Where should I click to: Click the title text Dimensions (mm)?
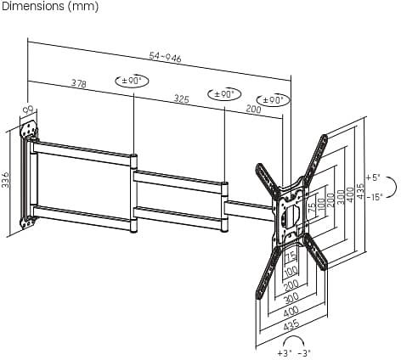pyautogui.click(x=50, y=6)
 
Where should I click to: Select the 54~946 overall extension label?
pyautogui.click(x=165, y=57)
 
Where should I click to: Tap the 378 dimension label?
pyautogui.click(x=78, y=83)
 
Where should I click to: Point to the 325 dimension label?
pyautogui.click(x=181, y=98)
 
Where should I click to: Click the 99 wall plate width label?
pyautogui.click(x=29, y=110)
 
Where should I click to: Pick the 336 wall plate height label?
pyautogui.click(x=5, y=179)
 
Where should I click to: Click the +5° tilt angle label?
pyautogui.click(x=372, y=177)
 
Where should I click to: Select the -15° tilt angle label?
pyautogui.click(x=375, y=197)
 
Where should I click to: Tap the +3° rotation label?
pyautogui.click(x=285, y=353)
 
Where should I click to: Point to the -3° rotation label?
pyautogui.click(x=304, y=353)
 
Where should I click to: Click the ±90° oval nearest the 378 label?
pyautogui.click(x=132, y=82)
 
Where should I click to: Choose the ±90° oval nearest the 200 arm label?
pyautogui.click(x=274, y=100)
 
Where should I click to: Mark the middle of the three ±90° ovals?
pyautogui.click(x=224, y=94)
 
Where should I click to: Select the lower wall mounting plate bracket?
pyautogui.click(x=28, y=222)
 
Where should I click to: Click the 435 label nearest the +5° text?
pyautogui.click(x=359, y=191)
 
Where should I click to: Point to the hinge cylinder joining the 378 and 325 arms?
pyautogui.click(x=133, y=194)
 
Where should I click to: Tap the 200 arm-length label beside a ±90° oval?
pyautogui.click(x=253, y=109)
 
